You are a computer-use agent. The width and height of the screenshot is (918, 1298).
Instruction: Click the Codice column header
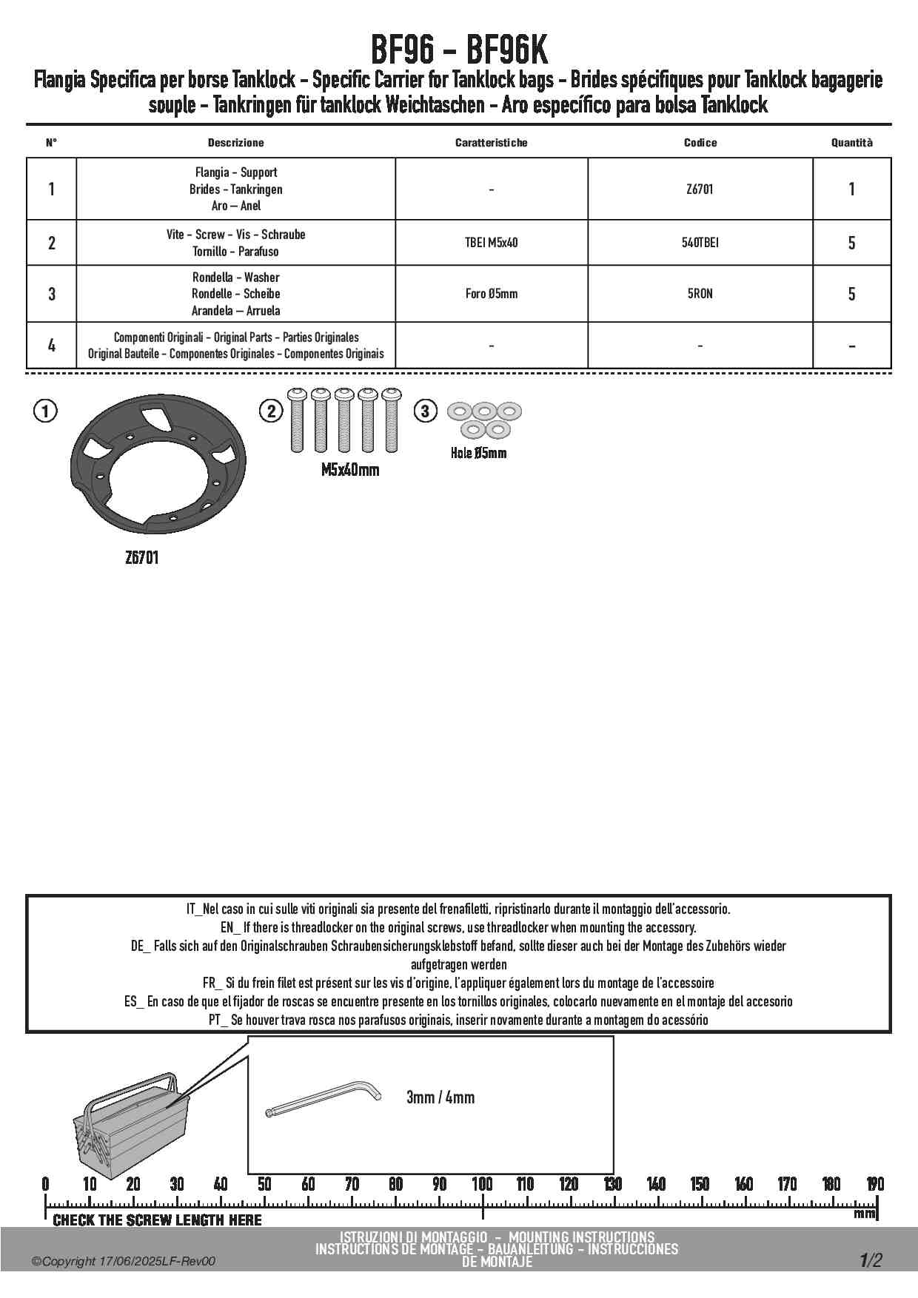[700, 143]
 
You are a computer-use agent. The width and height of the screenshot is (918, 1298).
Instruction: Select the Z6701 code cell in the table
[700, 189]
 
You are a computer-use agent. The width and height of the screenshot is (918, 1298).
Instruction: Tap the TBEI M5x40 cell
[491, 243]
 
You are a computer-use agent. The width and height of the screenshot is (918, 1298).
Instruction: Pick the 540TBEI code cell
[700, 243]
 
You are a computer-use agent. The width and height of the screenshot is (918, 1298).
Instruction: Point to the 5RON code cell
[700, 294]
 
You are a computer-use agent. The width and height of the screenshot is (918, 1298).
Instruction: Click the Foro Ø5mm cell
[491, 294]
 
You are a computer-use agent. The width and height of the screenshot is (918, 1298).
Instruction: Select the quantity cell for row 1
[851, 189]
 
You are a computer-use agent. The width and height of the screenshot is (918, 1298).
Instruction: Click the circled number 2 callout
[271, 411]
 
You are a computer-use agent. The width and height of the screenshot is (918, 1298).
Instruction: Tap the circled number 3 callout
[425, 411]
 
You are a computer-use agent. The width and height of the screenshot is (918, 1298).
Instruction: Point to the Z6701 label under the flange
[141, 558]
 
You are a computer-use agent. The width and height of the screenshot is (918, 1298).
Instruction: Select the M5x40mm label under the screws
[349, 470]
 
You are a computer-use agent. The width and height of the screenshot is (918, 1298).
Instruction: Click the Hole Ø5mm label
[478, 453]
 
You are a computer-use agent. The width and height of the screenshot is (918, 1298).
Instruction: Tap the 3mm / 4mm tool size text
[440, 1097]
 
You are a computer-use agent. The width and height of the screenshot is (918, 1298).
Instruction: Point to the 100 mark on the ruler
[483, 1184]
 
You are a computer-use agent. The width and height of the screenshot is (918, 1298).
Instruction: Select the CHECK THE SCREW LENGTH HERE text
[157, 1220]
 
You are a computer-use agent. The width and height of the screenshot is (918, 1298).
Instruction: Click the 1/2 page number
[871, 1260]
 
